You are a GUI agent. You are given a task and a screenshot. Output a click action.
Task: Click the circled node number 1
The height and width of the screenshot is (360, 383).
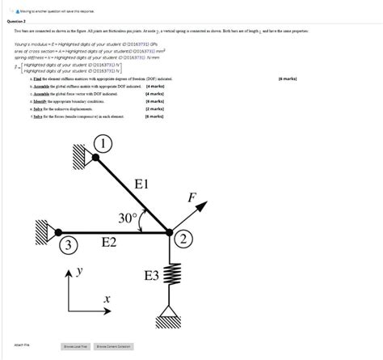point(104,145)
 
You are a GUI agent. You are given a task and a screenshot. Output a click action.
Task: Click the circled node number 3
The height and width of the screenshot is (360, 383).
point(69,244)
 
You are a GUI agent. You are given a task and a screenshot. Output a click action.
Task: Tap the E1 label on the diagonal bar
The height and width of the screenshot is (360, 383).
point(142,184)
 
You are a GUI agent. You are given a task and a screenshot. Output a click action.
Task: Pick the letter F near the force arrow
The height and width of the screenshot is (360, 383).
point(191,197)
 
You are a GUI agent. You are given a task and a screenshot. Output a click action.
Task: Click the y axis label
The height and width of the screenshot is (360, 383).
point(79,273)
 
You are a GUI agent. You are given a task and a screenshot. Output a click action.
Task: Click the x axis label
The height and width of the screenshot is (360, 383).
point(106,300)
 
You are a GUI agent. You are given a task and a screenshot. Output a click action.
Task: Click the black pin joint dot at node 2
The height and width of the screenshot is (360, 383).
point(170,234)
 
